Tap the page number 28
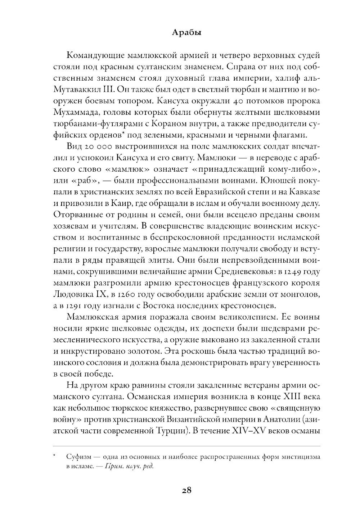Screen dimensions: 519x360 pyautogui.click(x=186, y=490)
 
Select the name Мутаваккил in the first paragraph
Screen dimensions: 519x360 pyautogui.click(x=78, y=89)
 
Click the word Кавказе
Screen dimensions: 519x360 pyautogui.click(x=305, y=193)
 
